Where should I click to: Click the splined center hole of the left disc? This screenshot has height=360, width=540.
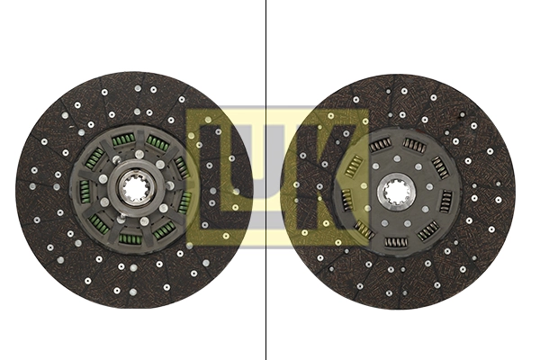pos(134,189)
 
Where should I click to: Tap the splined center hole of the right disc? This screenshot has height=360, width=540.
pos(397,192)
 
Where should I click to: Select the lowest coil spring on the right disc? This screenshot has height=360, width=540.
pos(396,241)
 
